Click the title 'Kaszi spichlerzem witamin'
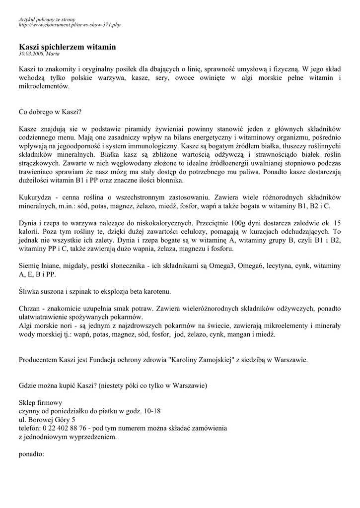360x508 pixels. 67,47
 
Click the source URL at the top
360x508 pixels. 70,24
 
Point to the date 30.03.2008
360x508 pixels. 31,53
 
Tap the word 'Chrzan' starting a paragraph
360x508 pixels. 29,308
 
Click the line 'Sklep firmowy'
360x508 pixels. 41,402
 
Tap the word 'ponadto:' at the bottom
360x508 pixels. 32,453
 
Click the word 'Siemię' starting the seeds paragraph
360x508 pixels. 30,265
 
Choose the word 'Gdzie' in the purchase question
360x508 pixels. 28,385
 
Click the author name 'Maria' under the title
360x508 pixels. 53,53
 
